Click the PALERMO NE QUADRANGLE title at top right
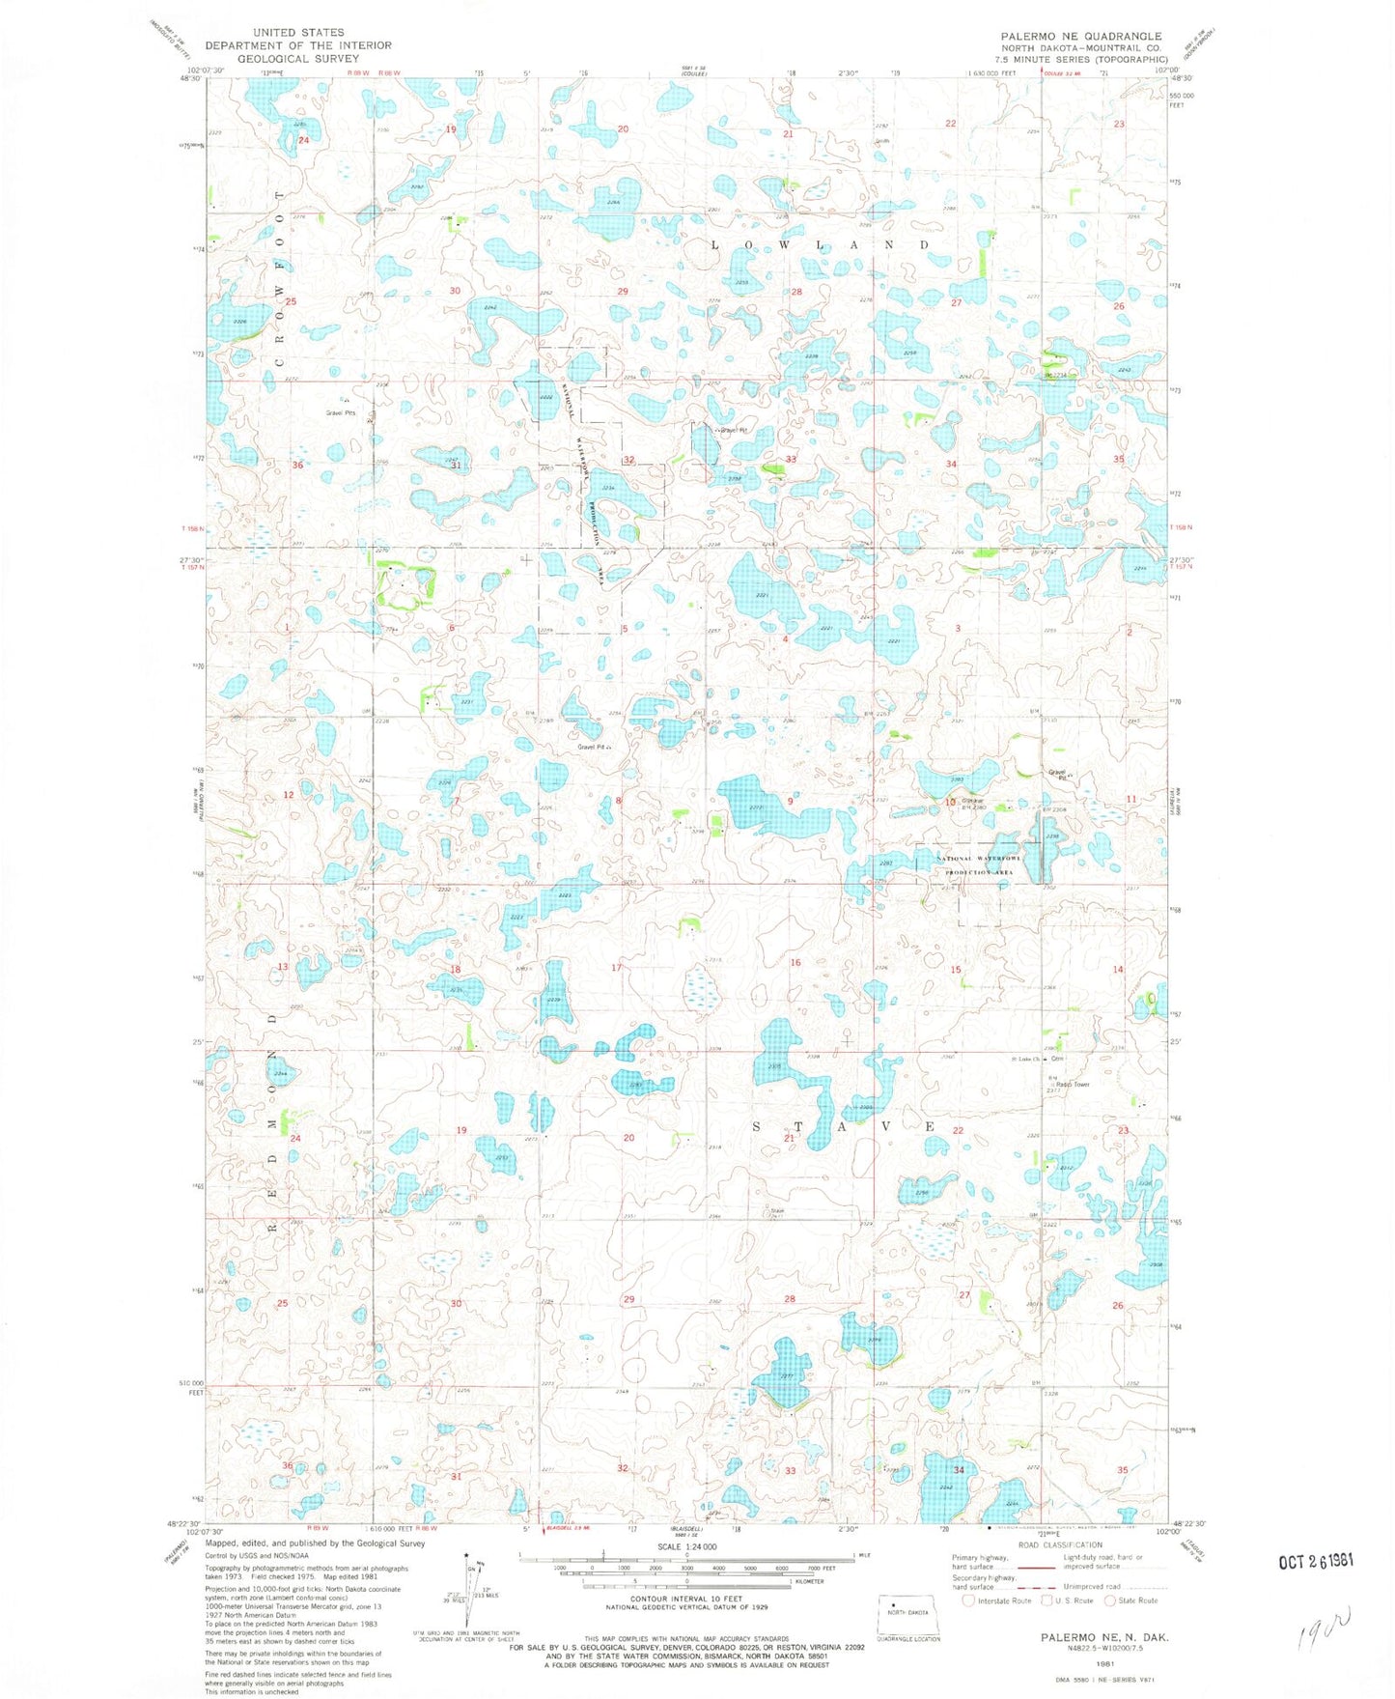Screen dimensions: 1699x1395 [1080, 36]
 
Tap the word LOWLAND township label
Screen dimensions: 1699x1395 [820, 245]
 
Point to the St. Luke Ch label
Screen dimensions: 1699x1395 [1023, 1060]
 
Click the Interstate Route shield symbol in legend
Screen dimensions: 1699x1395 [968, 1600]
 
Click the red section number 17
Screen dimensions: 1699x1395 [616, 968]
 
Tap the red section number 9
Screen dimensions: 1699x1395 [791, 802]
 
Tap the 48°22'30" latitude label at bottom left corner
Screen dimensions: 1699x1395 [182, 1523]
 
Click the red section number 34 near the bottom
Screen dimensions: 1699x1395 [959, 1469]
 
